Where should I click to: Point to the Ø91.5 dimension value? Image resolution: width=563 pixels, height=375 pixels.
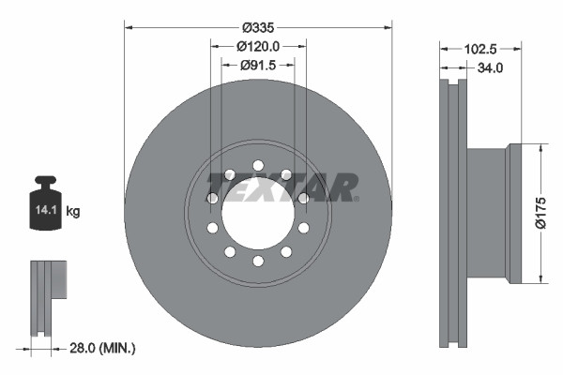258,65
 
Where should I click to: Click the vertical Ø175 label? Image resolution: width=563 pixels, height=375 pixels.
540,212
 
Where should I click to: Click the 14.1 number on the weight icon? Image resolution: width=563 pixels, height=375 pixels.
45,212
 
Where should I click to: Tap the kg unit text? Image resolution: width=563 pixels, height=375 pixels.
73,212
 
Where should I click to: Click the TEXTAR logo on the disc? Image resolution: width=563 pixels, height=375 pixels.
282,187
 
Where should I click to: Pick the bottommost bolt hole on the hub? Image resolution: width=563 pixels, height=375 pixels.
257,261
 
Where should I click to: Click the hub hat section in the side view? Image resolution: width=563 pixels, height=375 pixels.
488,213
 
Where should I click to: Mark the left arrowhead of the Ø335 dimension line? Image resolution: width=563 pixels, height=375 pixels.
129,28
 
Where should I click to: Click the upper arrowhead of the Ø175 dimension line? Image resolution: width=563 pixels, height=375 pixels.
540,147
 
